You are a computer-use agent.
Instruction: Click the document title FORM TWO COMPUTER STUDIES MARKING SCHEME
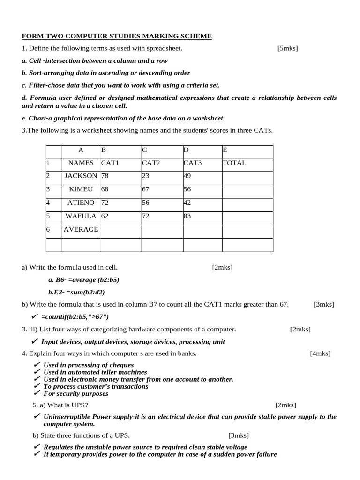(117, 36)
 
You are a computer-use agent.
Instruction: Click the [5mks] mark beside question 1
(287, 48)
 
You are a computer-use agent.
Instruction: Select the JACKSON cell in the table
(81, 176)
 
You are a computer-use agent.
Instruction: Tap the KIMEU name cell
(81, 189)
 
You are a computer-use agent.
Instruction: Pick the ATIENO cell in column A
(81, 202)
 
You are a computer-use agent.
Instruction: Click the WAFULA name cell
(81, 216)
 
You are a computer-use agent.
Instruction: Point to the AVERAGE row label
(81, 229)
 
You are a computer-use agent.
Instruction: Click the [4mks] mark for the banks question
(320, 353)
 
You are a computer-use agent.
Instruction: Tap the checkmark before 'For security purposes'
(37, 393)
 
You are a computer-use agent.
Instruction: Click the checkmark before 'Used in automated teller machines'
(37, 372)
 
